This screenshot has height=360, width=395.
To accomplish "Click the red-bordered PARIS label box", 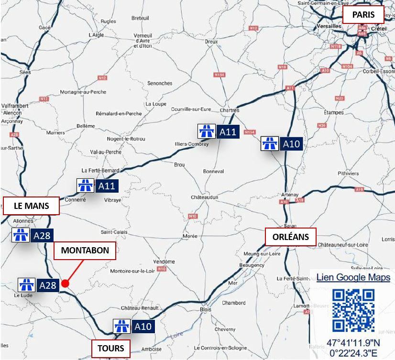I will click(x=363, y=15).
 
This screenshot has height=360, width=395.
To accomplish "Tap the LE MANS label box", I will click(x=31, y=206).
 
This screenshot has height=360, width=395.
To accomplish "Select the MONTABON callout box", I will click(x=85, y=250).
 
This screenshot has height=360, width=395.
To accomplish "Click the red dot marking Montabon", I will click(x=66, y=284).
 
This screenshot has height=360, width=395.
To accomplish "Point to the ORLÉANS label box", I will click(x=291, y=237).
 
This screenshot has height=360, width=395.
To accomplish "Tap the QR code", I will click(x=353, y=310).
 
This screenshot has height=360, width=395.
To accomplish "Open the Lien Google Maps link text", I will click(x=353, y=277).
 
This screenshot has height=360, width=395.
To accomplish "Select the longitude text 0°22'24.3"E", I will click(x=353, y=353).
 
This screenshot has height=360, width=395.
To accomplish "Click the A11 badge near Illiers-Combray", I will click(x=228, y=131).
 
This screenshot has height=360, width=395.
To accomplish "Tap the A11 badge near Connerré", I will click(x=106, y=186).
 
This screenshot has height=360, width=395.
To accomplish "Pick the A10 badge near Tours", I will click(x=143, y=327).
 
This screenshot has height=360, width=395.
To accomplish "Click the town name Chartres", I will click(x=230, y=110).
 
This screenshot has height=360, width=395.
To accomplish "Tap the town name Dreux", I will click(x=211, y=42).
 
